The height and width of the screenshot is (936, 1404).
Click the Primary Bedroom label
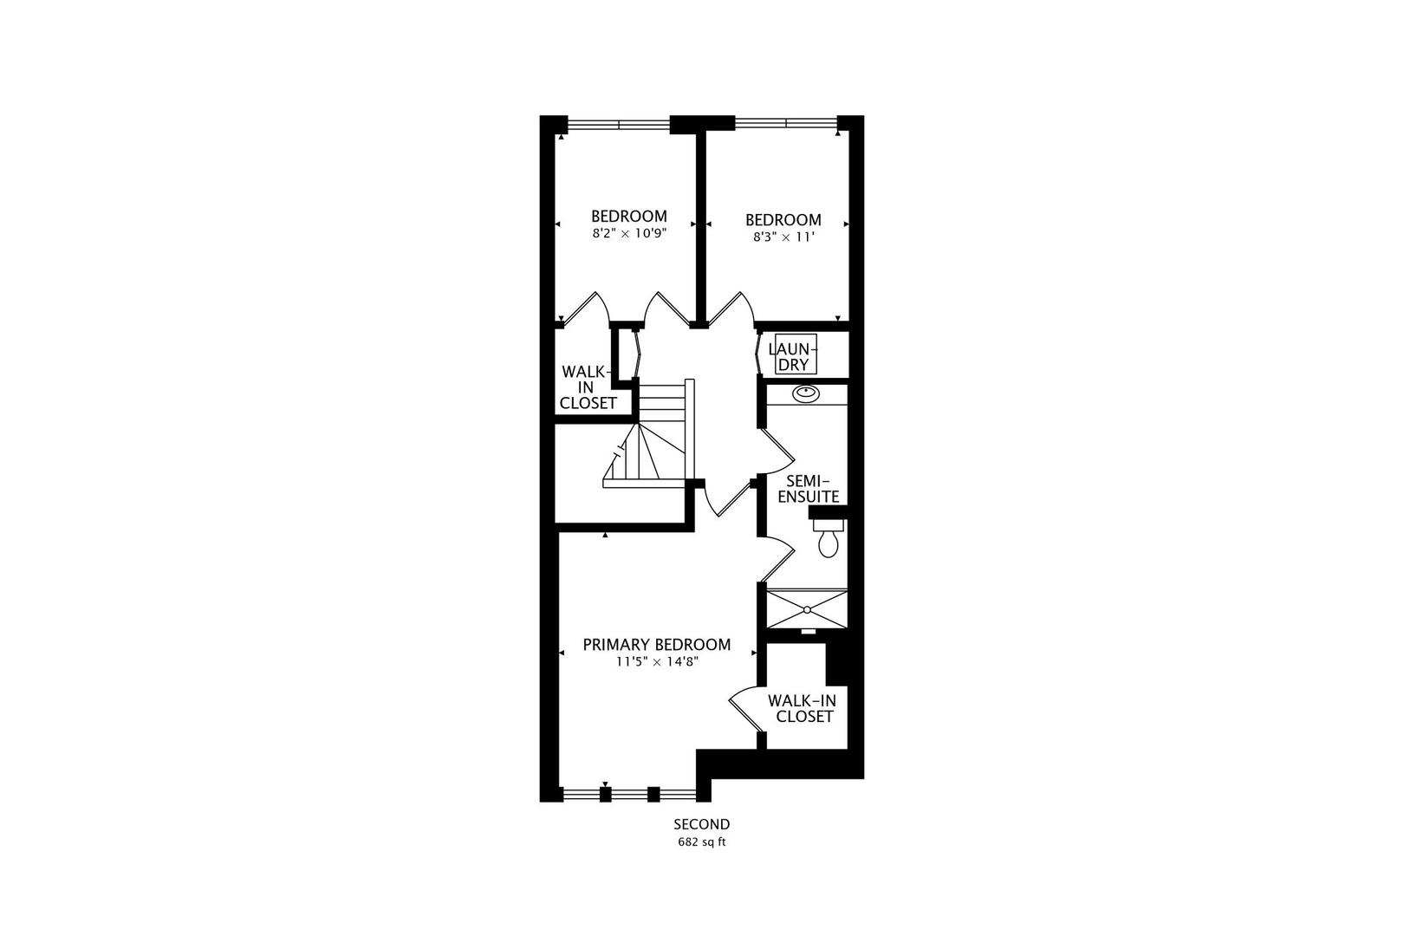tap(656, 645)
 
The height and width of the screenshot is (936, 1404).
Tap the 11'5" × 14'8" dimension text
tap(657, 661)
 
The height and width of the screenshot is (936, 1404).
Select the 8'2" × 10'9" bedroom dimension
tap(628, 233)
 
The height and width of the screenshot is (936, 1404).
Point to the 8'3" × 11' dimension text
tap(783, 237)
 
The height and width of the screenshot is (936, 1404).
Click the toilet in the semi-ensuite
tap(828, 538)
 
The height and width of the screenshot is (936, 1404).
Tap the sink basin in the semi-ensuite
tap(805, 393)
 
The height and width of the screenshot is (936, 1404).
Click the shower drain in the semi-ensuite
tap(808, 609)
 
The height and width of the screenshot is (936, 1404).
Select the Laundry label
tap(793, 357)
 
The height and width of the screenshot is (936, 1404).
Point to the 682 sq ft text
tap(701, 842)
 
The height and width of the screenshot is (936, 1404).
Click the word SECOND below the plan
tap(701, 824)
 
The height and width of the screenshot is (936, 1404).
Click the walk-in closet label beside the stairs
tap(588, 387)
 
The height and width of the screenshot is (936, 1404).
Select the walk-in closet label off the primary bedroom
tap(803, 708)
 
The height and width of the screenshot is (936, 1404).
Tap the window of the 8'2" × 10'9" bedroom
tap(619, 125)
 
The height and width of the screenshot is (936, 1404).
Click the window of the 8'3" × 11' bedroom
tap(786, 123)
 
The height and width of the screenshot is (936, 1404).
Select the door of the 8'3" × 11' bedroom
tap(731, 309)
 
